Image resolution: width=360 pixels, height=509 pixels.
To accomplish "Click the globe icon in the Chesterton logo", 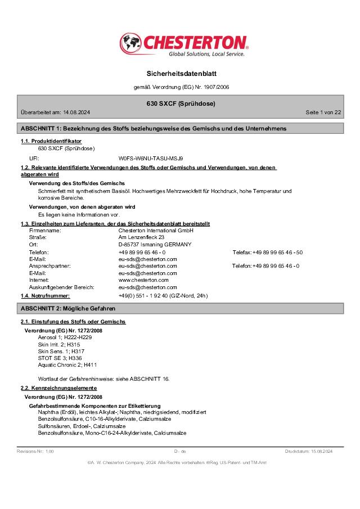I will tap(131, 43).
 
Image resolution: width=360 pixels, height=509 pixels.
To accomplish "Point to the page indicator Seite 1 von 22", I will tap(323, 112).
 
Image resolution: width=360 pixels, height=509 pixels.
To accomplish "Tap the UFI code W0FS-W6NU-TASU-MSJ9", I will tap(151, 159).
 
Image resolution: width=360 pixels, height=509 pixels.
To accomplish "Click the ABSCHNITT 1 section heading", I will tap(153, 129).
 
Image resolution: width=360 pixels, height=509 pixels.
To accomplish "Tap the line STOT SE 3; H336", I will tap(60, 358).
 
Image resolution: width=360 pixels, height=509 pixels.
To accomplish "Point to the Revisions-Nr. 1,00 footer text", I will tap(35, 452).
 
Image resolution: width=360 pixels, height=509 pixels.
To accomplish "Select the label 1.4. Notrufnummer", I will tap(46, 295).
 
